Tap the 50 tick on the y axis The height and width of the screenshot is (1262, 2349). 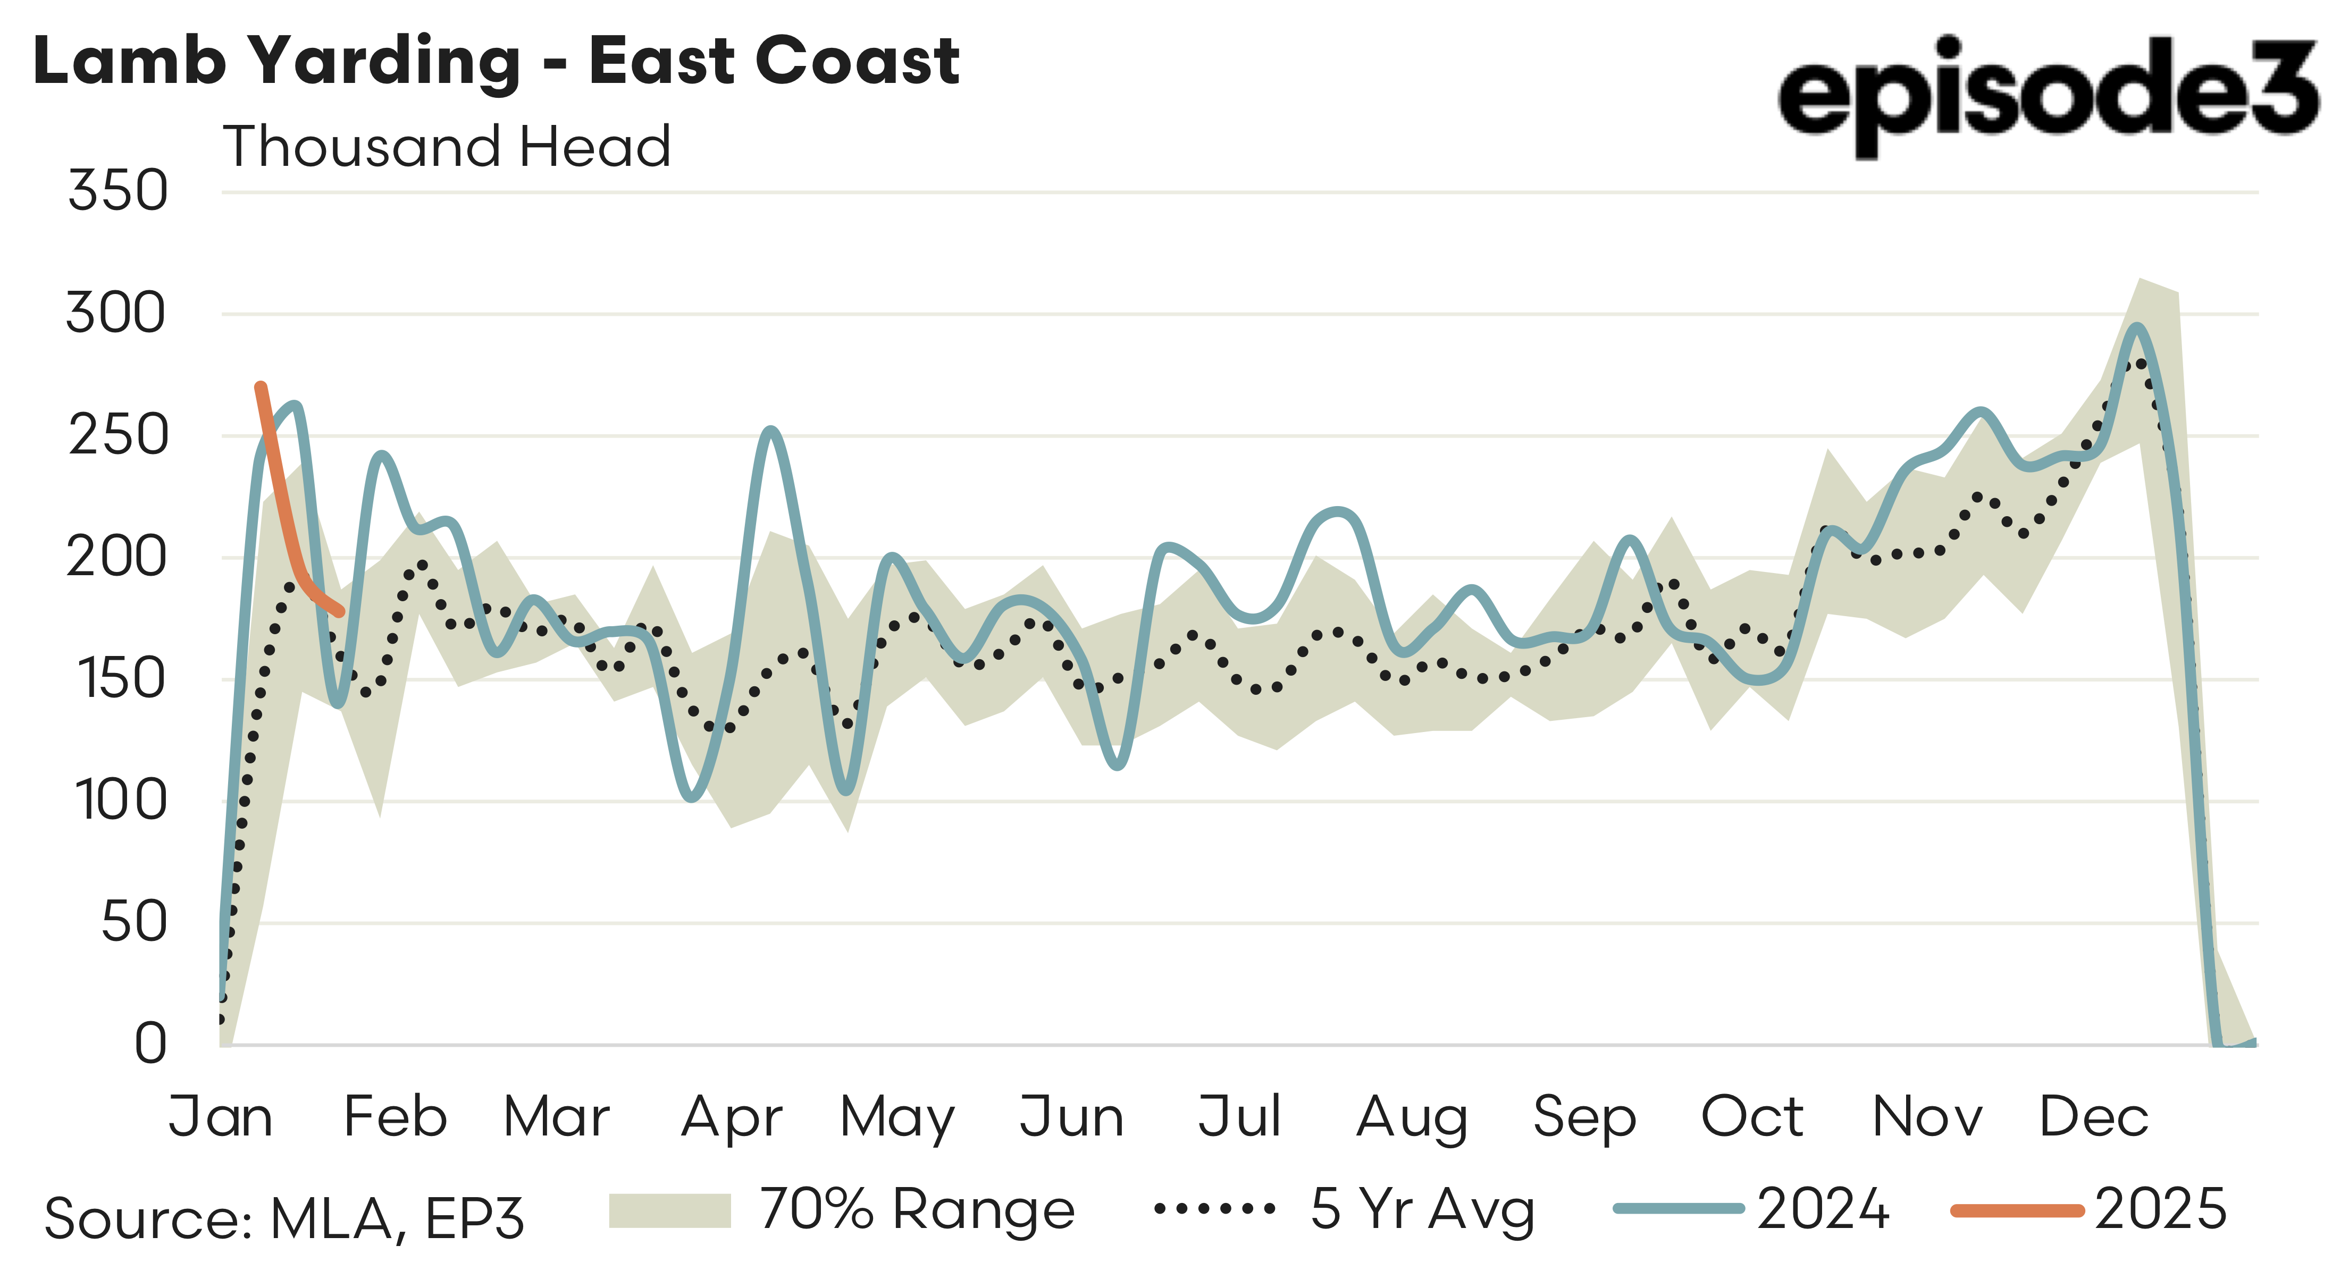134,923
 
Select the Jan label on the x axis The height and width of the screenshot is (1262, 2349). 221,1117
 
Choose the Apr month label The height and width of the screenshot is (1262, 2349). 731,1117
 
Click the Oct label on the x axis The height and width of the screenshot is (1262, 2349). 1752,1117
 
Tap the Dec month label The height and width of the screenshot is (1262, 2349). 2094,1117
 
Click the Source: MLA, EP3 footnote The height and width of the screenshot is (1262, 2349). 284,1218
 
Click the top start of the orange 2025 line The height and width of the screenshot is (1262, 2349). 261,386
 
